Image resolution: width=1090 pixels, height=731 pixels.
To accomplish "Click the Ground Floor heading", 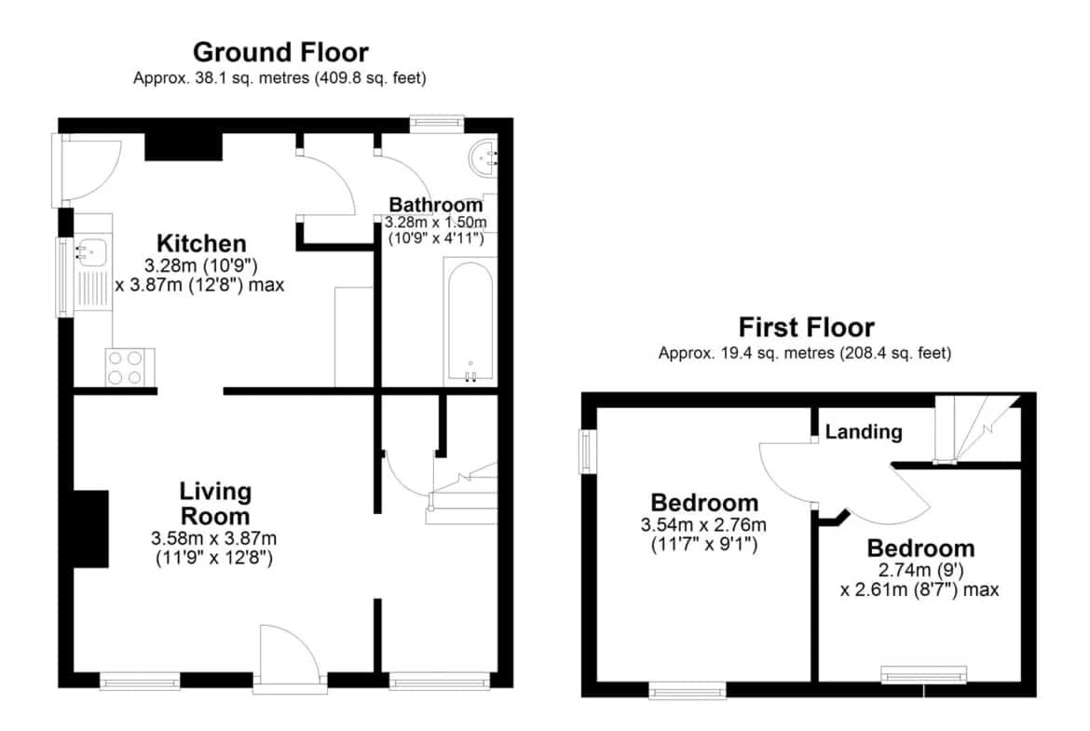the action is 280,52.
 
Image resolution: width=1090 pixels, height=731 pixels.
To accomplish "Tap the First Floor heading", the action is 806,327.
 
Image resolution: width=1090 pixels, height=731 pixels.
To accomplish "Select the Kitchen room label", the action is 201,243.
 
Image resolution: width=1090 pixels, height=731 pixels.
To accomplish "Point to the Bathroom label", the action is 436,205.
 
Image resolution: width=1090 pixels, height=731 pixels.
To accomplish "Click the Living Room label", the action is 215,504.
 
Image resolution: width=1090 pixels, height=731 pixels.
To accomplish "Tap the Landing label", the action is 864,432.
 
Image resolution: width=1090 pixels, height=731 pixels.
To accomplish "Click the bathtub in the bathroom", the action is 470,322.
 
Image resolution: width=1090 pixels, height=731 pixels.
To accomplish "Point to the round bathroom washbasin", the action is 483,157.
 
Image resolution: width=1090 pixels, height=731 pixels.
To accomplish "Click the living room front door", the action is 290,656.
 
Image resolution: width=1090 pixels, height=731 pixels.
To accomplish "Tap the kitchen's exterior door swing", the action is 90,170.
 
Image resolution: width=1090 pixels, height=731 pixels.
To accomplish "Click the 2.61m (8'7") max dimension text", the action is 919,590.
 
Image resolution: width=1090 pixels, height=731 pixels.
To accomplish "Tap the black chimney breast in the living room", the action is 91,529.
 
